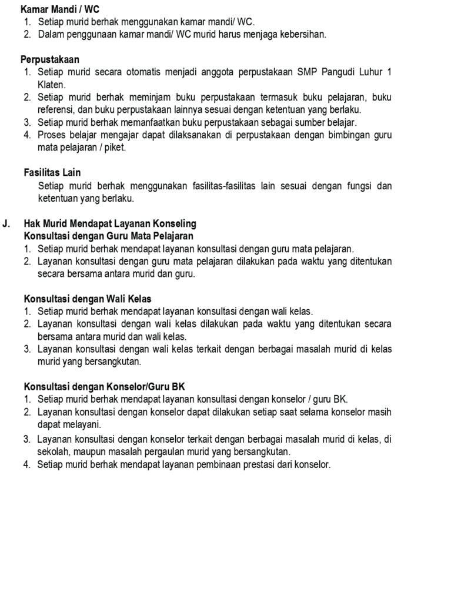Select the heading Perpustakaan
tap(50, 60)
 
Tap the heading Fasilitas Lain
tap(52, 173)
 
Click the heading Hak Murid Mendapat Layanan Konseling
tap(110, 224)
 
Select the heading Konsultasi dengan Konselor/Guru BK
tap(104, 387)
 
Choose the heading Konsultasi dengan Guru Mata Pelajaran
tap(108, 236)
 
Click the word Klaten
tap(52, 85)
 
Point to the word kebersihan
tap(298, 35)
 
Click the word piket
tap(115, 148)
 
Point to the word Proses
tap(52, 135)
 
